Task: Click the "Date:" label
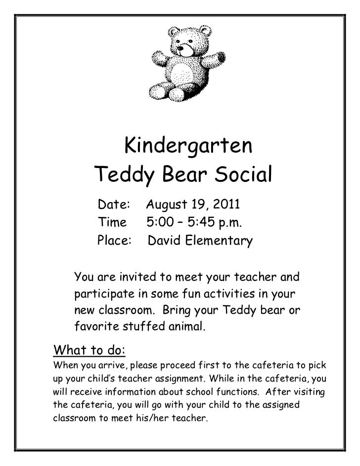(x=114, y=204)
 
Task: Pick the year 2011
(x=225, y=204)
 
